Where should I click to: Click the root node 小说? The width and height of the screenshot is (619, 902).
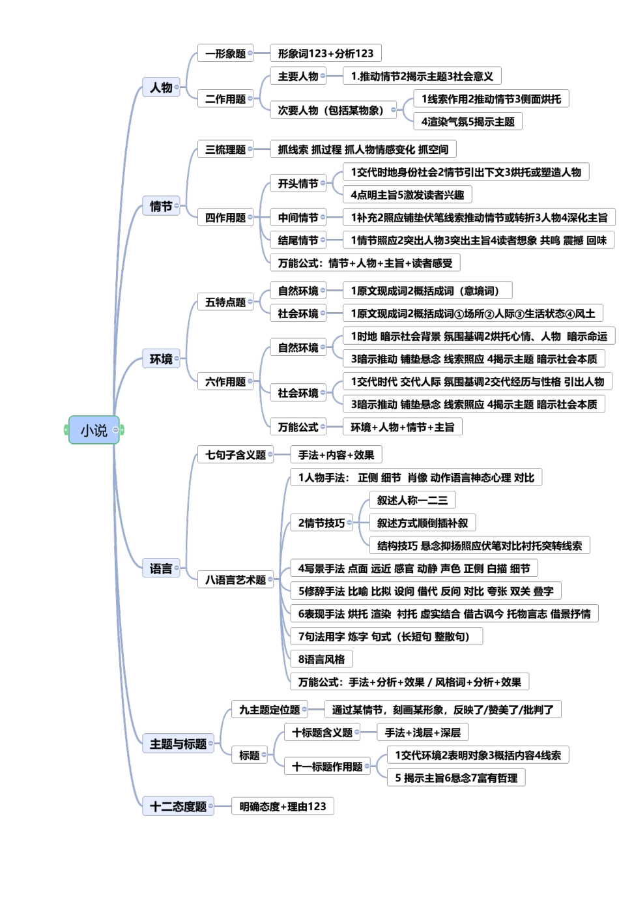[x=94, y=430]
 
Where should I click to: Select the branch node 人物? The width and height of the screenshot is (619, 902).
[x=161, y=87]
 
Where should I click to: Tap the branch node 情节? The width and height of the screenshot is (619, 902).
[x=161, y=207]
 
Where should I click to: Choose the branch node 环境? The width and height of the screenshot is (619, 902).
[x=161, y=359]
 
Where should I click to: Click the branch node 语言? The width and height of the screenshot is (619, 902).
[x=161, y=568]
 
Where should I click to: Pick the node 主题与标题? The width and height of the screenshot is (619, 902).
[x=178, y=744]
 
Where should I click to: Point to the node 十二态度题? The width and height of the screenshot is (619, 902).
[x=178, y=806]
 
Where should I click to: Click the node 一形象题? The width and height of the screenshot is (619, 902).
[x=225, y=53]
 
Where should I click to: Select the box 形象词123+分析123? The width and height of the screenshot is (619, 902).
[x=326, y=53]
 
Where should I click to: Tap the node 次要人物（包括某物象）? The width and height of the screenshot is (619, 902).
[x=330, y=110]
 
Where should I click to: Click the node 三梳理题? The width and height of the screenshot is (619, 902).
[x=225, y=149]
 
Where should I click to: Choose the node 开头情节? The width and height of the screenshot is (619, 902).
[x=298, y=184]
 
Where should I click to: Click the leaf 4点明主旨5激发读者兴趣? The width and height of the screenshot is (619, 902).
[x=407, y=195]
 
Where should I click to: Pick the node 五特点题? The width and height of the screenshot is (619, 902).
[x=225, y=302]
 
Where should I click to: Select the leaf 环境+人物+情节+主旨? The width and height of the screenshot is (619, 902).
[x=402, y=427]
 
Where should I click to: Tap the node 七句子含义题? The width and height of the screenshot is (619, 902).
[x=235, y=455]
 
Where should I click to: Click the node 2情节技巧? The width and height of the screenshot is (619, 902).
[x=321, y=523]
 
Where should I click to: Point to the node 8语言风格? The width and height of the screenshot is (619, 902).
[x=321, y=659]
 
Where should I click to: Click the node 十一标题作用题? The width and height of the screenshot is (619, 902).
[x=327, y=766]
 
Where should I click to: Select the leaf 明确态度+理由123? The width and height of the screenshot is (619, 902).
[x=282, y=806]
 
